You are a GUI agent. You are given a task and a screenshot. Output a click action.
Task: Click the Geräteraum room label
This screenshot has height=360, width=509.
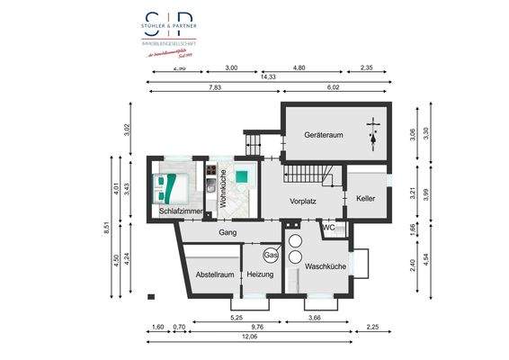[324, 134]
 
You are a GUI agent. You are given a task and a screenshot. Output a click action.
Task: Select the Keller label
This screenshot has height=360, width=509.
[365, 198]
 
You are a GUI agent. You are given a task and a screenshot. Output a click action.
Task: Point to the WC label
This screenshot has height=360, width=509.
[329, 228]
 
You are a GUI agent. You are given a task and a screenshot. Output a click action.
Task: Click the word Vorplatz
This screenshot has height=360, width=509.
[302, 202]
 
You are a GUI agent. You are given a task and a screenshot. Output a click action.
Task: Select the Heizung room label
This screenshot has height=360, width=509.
[261, 274]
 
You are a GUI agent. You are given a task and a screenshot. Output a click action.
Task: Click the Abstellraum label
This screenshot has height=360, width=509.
[214, 274]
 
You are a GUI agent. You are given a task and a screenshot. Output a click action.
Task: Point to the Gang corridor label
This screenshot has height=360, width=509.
[228, 232]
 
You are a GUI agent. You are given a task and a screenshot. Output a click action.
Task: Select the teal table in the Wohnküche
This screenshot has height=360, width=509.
[243, 176]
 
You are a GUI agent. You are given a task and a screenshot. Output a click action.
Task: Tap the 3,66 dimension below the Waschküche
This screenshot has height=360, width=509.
[315, 317]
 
